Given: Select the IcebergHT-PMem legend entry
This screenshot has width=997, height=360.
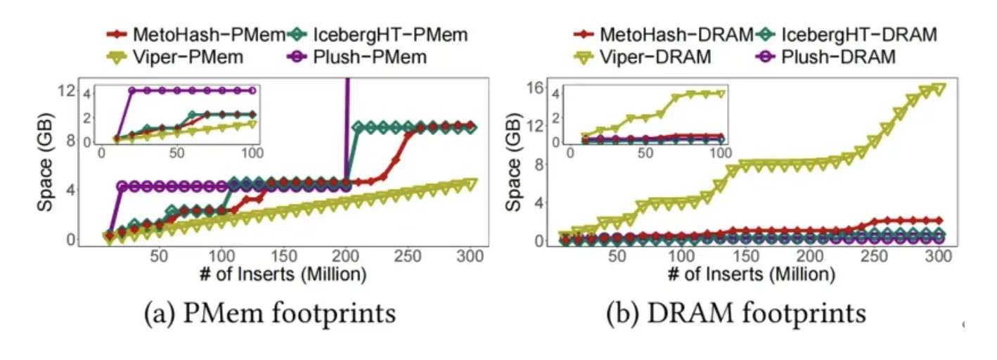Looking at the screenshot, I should point(379,34).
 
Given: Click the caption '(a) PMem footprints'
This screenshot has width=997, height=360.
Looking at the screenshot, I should point(270,314).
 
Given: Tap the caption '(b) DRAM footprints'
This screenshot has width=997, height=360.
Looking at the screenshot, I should point(736,314).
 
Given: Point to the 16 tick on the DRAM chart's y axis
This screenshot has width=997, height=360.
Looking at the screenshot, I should point(536,87).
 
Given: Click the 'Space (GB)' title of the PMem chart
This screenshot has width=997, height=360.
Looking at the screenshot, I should point(46,162).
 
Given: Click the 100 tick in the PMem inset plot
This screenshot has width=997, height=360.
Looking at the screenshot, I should point(253,153).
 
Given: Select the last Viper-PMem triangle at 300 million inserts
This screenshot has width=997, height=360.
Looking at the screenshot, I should point(470,184).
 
